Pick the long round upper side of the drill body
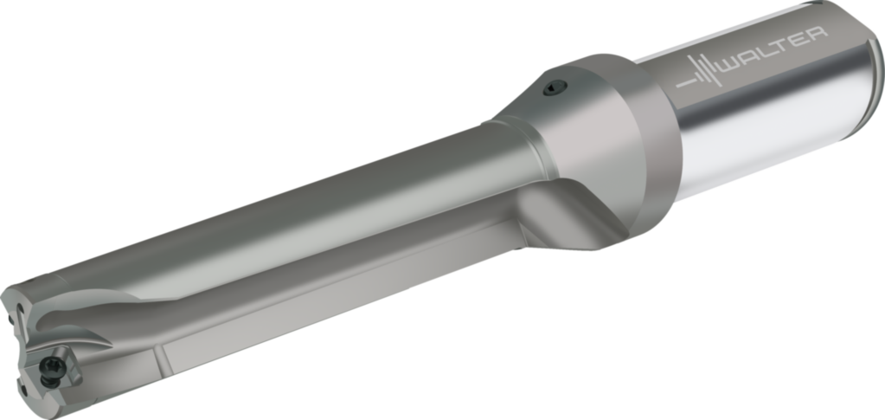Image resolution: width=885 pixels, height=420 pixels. (x=303, y=208)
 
